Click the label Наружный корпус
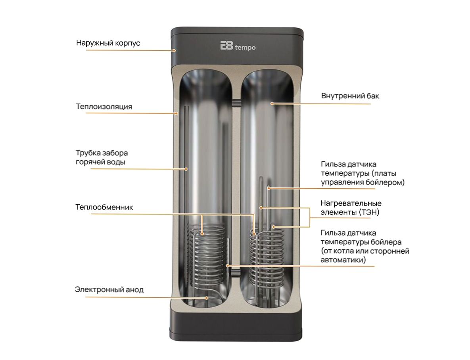[108, 43]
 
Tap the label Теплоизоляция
[104, 107]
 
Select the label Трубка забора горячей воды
[102, 157]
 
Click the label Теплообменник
[104, 207]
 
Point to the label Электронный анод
[109, 289]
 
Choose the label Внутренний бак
[350, 96]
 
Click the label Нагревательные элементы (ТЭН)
[351, 208]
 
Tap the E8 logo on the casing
[226, 46]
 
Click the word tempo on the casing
[245, 48]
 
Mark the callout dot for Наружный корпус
[174, 51]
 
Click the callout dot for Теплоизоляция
[177, 113]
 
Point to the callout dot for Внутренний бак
[272, 104]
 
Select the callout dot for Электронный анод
[207, 298]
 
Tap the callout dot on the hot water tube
[186, 169]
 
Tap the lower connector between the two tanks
[237, 273]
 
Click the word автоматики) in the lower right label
[343, 260]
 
